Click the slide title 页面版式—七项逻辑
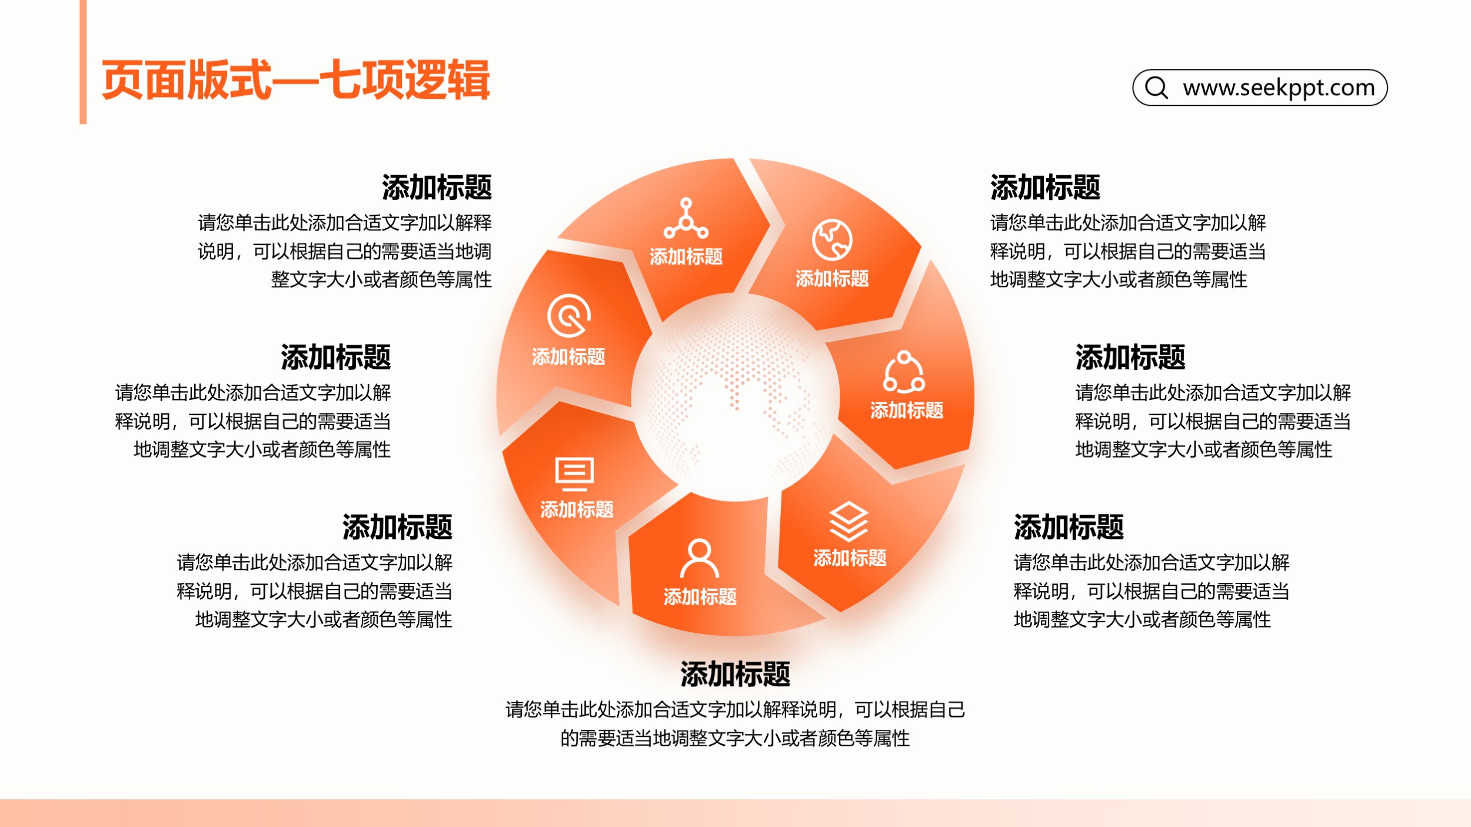tap(295, 80)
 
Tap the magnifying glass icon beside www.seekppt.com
tap(1156, 87)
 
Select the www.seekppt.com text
tap(1279, 88)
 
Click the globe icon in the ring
tap(832, 240)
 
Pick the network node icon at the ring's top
tap(686, 218)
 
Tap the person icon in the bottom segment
tap(700, 558)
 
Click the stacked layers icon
tap(849, 521)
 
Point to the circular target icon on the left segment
tap(569, 316)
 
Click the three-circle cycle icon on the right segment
tap(904, 372)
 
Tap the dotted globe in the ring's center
tap(735, 398)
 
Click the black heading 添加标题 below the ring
tap(735, 673)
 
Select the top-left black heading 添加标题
tap(437, 187)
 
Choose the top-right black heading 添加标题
tap(1045, 187)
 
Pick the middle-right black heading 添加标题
tap(1130, 357)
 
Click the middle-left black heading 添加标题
tap(335, 357)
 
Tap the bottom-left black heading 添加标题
tap(397, 527)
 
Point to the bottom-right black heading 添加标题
tap(1069, 527)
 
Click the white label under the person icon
tap(700, 596)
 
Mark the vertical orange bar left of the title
tap(83, 62)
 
